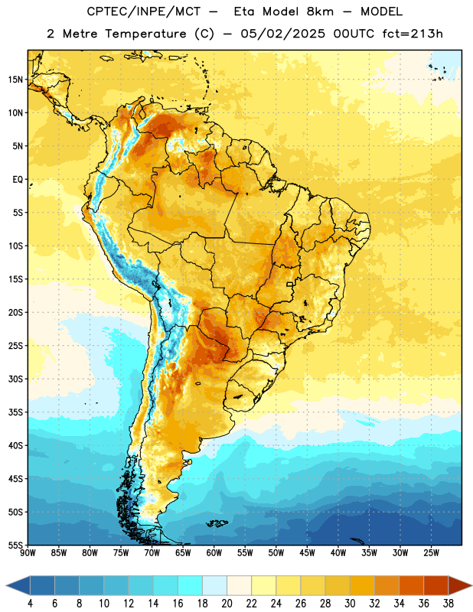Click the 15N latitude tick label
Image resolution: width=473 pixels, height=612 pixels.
click(16, 80)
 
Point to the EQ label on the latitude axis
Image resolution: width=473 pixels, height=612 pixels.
click(18, 180)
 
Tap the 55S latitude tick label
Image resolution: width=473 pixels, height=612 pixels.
click(16, 545)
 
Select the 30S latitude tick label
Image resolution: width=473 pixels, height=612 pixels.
click(16, 379)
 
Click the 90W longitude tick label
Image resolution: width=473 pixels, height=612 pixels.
click(28, 552)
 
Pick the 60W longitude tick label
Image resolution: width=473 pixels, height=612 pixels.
click(214, 552)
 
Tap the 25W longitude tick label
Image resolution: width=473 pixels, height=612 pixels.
click(431, 552)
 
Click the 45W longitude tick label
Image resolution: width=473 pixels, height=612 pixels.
click(307, 552)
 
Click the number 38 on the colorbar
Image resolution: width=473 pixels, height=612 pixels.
click(449, 604)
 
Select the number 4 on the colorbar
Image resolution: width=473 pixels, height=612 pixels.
click(30, 604)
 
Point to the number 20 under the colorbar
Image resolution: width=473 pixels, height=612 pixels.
click(227, 604)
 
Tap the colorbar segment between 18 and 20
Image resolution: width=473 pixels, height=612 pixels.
click(215, 585)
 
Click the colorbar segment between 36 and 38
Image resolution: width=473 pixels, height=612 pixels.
click(436, 585)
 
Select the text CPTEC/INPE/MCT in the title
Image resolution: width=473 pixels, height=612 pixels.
click(143, 11)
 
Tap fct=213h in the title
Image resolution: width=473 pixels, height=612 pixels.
click(413, 34)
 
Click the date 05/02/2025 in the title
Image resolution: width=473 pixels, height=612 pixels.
click(282, 34)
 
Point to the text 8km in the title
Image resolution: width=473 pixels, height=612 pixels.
click(320, 11)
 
